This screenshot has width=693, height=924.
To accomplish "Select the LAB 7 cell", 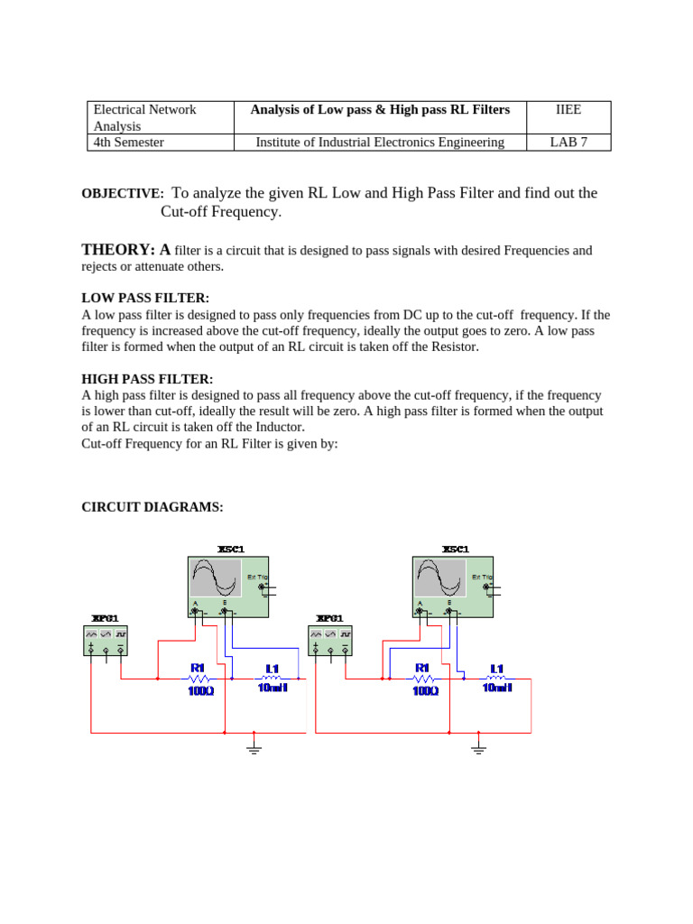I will (568, 142).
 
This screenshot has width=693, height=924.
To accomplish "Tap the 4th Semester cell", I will (129, 142).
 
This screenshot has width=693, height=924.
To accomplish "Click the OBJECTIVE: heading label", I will (123, 194).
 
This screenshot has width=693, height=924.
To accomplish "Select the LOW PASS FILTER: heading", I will (145, 298).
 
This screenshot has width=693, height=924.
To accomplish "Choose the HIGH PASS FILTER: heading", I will (148, 379).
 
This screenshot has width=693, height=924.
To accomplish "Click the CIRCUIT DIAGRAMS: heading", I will (152, 507).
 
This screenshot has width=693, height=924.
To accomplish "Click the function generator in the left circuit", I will (106, 640).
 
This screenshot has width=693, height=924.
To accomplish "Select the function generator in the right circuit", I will (330, 640).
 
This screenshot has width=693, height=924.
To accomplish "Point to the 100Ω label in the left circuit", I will (200, 690).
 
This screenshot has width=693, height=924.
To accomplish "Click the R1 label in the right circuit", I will (422, 669).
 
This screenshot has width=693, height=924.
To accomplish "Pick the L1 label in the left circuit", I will (273, 669).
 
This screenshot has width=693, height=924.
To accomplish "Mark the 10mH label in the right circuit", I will (497, 688).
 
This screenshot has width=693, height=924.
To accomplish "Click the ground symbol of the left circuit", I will (254, 746).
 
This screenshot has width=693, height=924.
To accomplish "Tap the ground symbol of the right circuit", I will (478, 746).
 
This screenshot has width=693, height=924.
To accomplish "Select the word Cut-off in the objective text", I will (186, 212).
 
